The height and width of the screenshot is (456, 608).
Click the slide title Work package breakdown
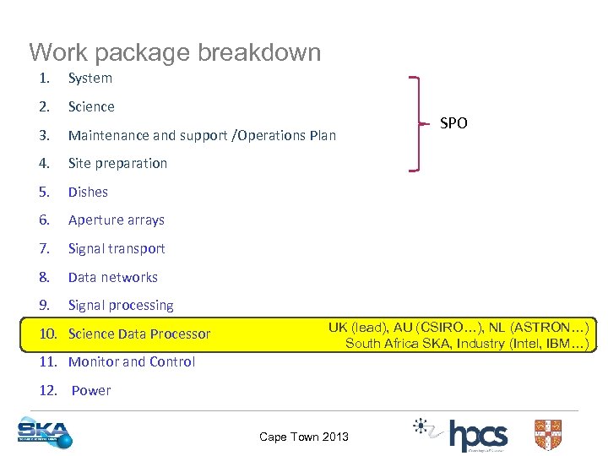point(175,52)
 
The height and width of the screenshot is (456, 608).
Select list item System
point(90,79)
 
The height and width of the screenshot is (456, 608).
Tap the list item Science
point(91,107)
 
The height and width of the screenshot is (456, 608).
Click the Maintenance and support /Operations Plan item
point(202,135)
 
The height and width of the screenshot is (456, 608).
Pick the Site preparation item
point(117,164)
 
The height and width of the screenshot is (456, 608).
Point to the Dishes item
point(88,193)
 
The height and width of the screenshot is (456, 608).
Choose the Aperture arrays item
point(117,220)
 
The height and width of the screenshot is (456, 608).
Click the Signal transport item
point(117,249)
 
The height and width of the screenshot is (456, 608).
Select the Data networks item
point(113,278)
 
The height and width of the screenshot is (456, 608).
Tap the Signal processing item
point(121,306)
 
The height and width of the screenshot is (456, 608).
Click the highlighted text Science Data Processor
point(139,334)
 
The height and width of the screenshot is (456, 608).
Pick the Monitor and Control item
point(132,362)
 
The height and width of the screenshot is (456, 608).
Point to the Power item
point(91,391)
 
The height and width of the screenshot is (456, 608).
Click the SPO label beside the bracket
point(453,123)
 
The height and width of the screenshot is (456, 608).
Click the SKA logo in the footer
point(45,433)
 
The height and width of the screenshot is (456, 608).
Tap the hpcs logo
point(478,436)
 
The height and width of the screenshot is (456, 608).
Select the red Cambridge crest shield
point(547,435)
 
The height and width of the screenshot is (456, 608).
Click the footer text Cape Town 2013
point(304,437)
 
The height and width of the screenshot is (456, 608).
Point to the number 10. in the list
point(49,334)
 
